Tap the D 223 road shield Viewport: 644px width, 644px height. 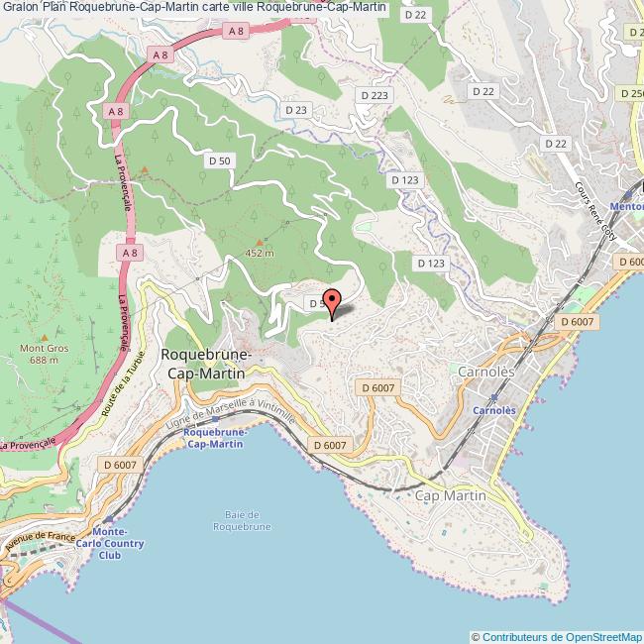(x=375, y=95)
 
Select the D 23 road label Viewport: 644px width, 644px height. (x=295, y=110)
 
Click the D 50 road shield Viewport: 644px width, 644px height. (x=219, y=160)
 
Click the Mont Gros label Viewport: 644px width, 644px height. (x=44, y=354)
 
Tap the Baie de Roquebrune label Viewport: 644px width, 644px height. (x=242, y=520)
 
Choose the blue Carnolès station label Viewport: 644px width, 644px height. (x=493, y=409)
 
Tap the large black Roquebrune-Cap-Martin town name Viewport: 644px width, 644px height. (x=207, y=364)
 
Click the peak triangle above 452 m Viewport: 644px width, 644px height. (x=261, y=242)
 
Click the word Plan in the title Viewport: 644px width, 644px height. (x=54, y=9)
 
